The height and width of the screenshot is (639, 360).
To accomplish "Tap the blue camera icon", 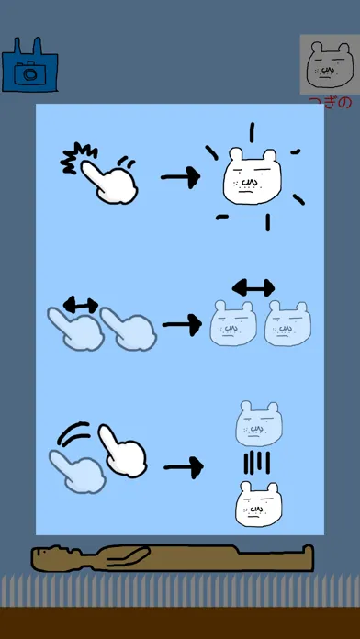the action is coord(29,65).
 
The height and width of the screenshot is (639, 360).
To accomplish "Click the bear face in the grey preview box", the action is coord(330,65).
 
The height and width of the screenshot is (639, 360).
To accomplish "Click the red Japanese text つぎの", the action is coord(330,102).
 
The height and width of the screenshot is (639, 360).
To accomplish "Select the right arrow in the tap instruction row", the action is coord(181,177).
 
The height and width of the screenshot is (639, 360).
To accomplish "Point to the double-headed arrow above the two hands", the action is coord(81,305).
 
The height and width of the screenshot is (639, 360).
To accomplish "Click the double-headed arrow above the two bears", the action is coord(253,288).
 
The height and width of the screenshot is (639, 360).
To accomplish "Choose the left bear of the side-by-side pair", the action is coord(233,323).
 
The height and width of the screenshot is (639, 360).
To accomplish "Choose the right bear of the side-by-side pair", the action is coord(287,323).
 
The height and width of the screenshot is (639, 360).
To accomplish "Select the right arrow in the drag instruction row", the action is coord(182,325).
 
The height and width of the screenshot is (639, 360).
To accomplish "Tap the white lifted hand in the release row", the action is coord(123,452).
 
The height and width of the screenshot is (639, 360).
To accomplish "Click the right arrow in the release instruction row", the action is coord(184,467).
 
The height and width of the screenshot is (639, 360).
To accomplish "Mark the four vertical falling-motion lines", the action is coord(257,463).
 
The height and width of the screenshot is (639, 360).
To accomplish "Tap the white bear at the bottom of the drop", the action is coord(258,504).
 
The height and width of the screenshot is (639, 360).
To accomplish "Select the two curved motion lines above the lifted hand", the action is coord(73,432).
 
